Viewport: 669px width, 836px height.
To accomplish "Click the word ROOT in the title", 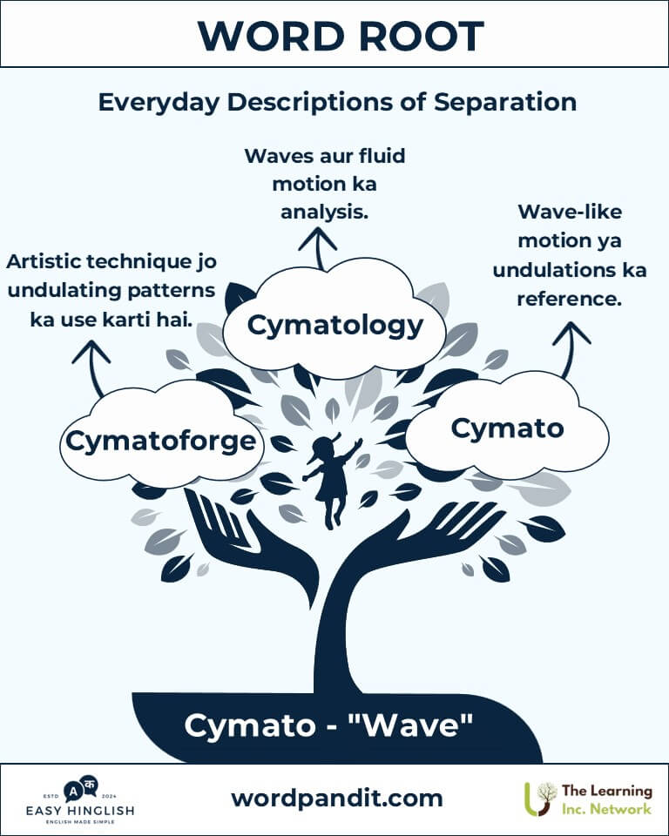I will [x=416, y=36].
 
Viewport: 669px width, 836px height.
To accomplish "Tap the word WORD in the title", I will [x=262, y=36].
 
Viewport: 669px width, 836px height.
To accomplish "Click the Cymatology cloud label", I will [x=334, y=326].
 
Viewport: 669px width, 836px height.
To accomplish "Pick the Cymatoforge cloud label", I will [x=162, y=442].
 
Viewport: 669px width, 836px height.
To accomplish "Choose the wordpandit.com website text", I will [x=336, y=798].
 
